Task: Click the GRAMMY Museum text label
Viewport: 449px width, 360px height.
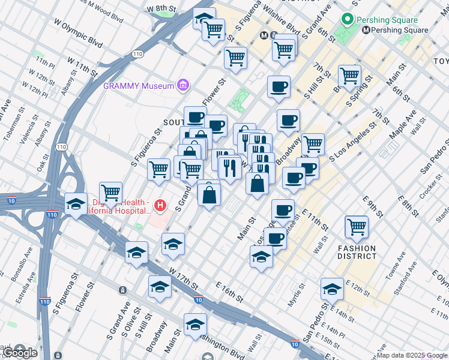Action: [x=139, y=86]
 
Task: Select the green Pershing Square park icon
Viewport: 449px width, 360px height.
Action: [x=346, y=20]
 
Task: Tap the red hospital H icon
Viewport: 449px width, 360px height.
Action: [x=160, y=206]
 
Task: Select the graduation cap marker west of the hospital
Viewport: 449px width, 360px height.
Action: [x=76, y=205]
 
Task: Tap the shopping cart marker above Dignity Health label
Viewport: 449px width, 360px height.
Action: [x=111, y=193]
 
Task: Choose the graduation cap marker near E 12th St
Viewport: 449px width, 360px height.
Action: [x=332, y=289]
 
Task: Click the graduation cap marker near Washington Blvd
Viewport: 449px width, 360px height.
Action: [x=195, y=325]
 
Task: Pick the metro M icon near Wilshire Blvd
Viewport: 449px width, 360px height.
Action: [x=264, y=35]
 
